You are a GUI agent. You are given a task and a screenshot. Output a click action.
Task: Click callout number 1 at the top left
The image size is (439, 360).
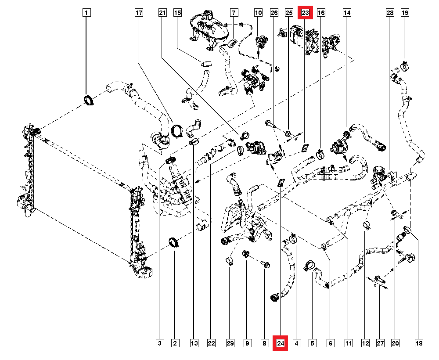86,13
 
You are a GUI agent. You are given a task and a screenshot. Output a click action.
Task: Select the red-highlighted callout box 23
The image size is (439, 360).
305,13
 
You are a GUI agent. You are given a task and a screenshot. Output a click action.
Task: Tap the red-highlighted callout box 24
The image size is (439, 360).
281,343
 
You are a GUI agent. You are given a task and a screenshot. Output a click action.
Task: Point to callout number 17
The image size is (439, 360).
139,13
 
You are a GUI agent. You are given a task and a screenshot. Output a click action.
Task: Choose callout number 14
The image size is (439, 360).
347,13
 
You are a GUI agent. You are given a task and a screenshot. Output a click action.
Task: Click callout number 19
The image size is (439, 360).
404,13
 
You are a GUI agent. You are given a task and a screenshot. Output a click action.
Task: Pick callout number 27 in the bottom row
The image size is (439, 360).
380,343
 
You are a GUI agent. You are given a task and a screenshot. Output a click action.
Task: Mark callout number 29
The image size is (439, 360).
229,343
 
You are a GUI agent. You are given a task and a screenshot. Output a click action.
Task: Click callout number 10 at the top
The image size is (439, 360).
258,13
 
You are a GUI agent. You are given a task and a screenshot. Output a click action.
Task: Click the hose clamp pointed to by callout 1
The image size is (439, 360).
88,100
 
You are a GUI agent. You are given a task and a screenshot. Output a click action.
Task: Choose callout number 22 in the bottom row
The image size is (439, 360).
212,343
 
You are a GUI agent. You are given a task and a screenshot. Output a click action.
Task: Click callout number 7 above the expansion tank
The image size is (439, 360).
234,13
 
